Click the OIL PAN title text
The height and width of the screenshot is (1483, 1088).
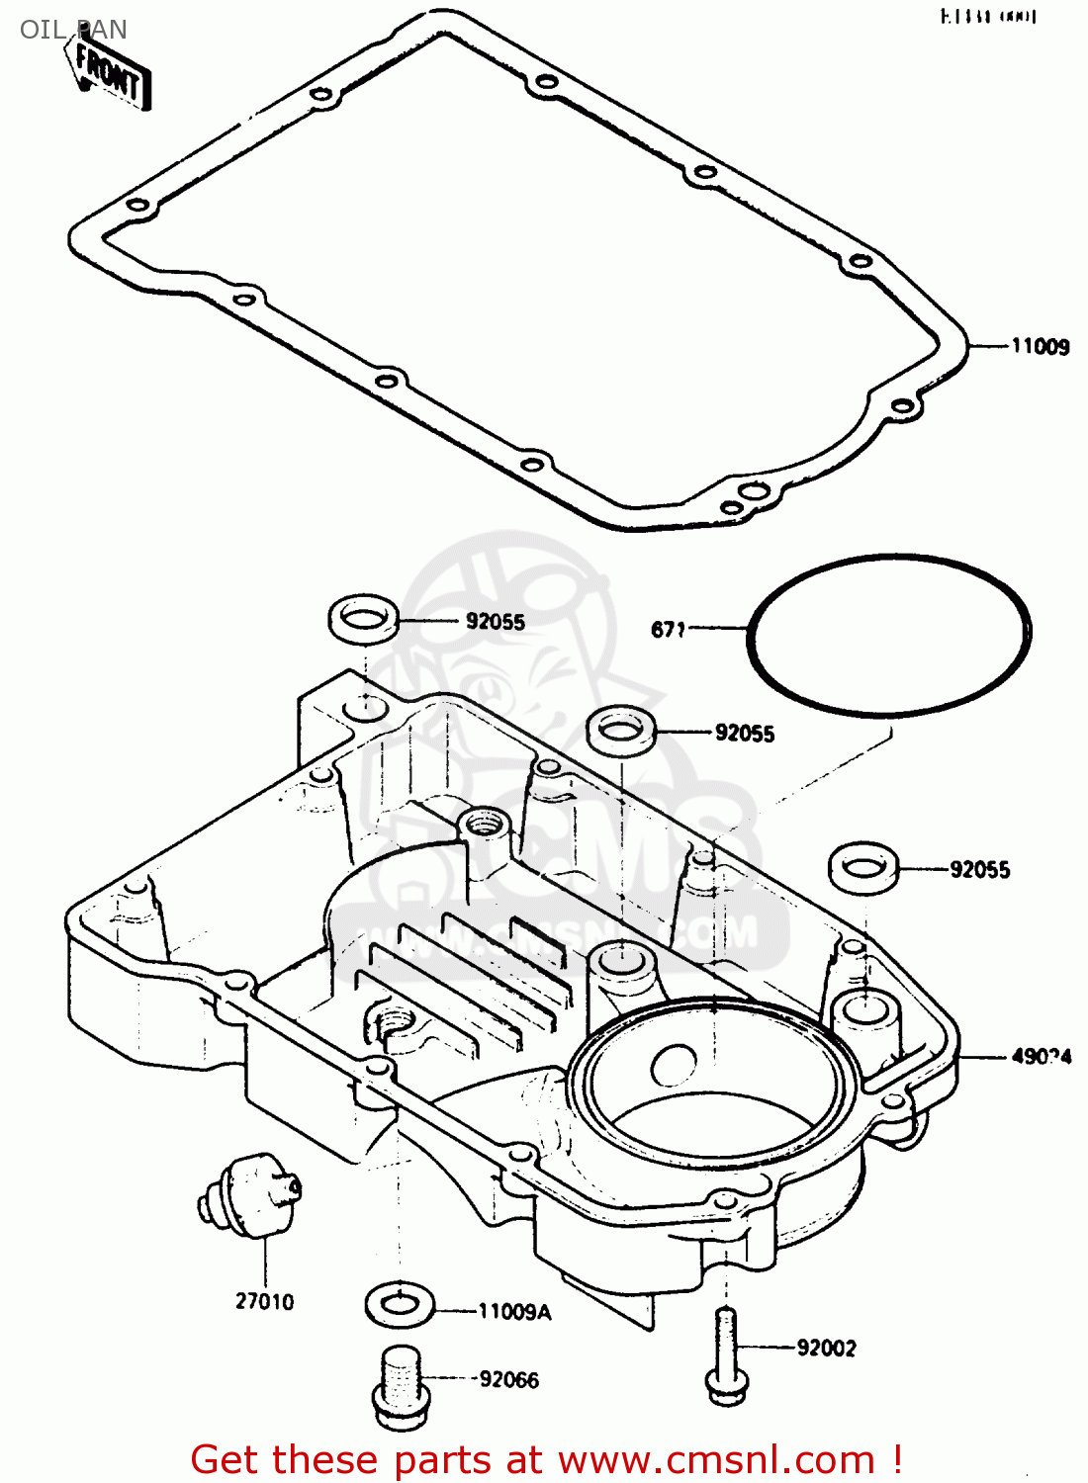coord(73,30)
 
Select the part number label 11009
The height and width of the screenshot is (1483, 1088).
coord(1040,346)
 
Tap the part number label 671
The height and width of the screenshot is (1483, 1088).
coord(668,629)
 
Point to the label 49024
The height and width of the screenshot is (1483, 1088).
coord(1041,1056)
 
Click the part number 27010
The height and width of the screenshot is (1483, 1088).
coord(264,1301)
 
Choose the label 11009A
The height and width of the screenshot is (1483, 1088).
coord(514,1312)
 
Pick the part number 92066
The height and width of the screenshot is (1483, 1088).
coord(509,1379)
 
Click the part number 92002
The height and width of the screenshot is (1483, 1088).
coord(826,1348)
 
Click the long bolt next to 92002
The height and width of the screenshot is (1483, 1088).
coord(725,1355)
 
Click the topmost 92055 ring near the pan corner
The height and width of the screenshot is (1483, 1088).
coord(363,619)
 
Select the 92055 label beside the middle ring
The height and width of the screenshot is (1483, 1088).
coord(745,733)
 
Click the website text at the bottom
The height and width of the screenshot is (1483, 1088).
coord(546,1459)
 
